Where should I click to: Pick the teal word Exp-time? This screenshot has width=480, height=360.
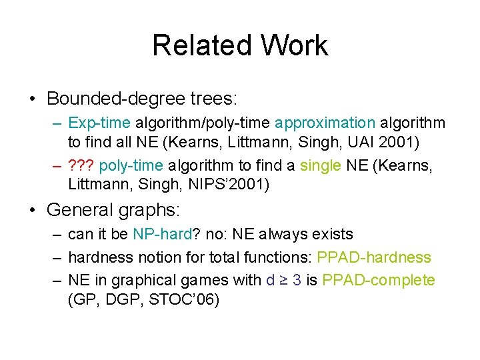coord(99,123)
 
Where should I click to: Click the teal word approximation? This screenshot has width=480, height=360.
coord(325,123)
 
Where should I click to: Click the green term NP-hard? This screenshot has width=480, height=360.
coord(161,235)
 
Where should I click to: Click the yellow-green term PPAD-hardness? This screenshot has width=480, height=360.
coord(374,257)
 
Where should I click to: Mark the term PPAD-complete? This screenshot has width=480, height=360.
coord(378,280)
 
